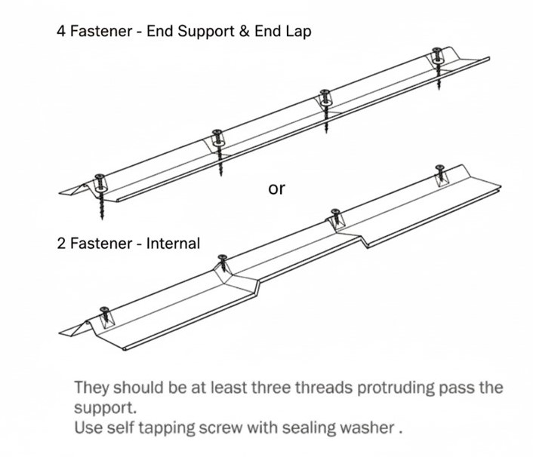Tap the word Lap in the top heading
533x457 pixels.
coord(297,32)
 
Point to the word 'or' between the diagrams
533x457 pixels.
coord(277,189)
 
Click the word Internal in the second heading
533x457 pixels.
coord(174,244)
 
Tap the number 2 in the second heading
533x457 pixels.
coord(61,244)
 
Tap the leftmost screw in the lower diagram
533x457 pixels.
coord(104,311)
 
